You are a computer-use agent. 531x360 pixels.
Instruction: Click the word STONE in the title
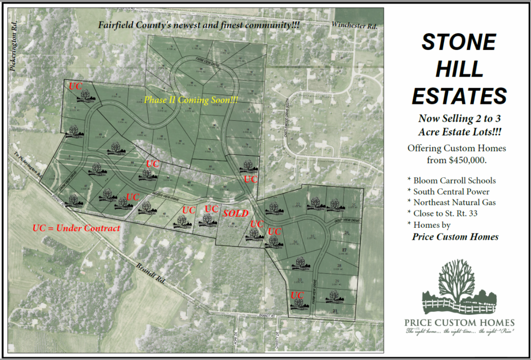[458, 42]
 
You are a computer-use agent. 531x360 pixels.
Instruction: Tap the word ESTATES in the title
[459, 96]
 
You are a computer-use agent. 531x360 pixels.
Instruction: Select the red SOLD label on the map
[235, 213]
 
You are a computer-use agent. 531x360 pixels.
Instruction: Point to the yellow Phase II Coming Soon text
[191, 100]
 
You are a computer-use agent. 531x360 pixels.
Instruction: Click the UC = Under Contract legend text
[76, 228]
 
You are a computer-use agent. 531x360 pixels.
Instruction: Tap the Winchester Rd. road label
[354, 26]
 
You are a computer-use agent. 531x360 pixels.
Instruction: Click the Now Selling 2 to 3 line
[459, 119]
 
